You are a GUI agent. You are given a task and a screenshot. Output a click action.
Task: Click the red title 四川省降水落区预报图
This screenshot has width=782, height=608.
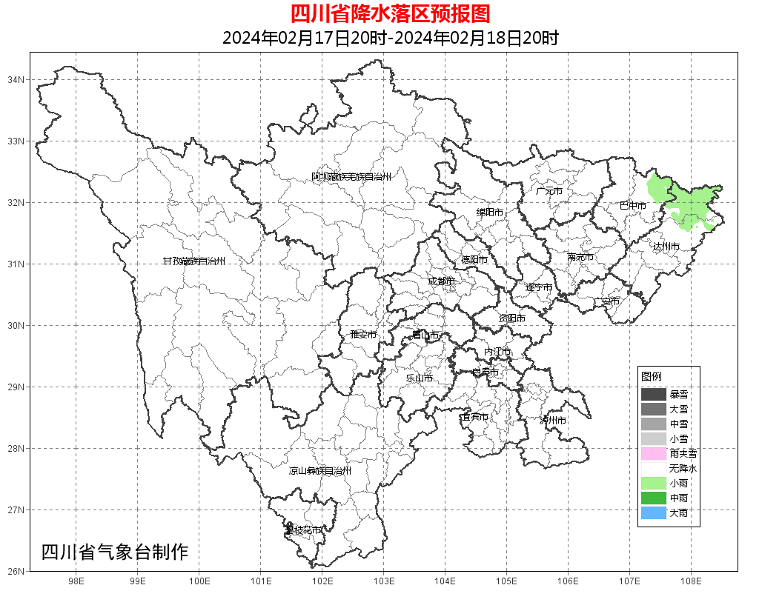(390, 13)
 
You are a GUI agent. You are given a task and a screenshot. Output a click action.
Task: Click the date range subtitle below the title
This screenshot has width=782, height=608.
(390, 38)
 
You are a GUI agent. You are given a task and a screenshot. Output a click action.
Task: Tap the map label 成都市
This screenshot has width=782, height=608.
(441, 281)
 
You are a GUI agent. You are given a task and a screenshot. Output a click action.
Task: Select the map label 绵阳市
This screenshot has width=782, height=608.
(490, 213)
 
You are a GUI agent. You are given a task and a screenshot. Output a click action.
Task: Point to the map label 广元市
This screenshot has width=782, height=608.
(549, 191)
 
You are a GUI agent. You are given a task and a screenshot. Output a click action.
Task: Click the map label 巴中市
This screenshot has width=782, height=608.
(633, 205)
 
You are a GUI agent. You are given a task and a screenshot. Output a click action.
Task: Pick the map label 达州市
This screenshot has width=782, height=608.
(666, 246)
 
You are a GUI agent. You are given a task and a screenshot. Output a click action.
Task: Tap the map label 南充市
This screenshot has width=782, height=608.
(580, 258)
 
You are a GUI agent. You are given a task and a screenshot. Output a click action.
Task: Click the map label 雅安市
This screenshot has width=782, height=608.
(363, 335)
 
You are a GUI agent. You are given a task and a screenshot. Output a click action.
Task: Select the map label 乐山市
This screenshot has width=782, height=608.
(420, 378)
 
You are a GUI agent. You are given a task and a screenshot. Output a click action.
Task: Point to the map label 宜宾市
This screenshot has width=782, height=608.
(474, 417)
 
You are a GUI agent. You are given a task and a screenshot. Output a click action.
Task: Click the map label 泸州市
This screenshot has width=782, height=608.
(553, 421)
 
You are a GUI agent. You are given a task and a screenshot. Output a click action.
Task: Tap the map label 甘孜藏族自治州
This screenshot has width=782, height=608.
(194, 261)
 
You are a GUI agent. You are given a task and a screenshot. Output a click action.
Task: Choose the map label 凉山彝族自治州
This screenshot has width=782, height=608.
(320, 471)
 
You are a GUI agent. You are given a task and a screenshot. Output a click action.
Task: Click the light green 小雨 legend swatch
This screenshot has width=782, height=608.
(654, 483)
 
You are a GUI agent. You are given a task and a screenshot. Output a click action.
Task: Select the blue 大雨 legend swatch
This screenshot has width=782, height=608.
(654, 512)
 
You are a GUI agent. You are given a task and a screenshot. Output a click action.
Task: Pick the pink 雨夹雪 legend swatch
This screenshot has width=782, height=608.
(654, 453)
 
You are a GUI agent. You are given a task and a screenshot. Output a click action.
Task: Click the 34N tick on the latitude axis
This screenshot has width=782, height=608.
(16, 79)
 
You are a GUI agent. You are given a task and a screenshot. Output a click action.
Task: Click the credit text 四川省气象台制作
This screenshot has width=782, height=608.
(115, 552)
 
